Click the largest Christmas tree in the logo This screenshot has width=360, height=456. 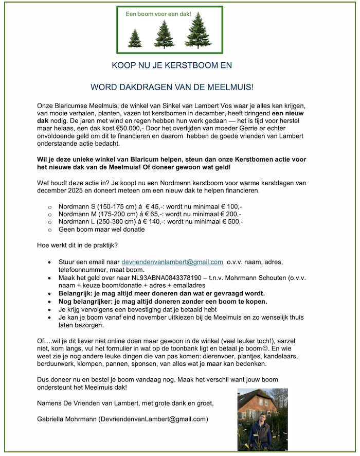tap(197, 34)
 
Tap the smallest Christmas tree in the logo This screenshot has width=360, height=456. tap(135, 39)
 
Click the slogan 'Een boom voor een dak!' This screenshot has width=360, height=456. tap(158, 13)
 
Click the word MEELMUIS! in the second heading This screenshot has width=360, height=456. tap(231, 88)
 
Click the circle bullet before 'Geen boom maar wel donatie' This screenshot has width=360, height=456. tap(50, 230)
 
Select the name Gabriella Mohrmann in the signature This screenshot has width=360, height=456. tap(66, 419)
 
